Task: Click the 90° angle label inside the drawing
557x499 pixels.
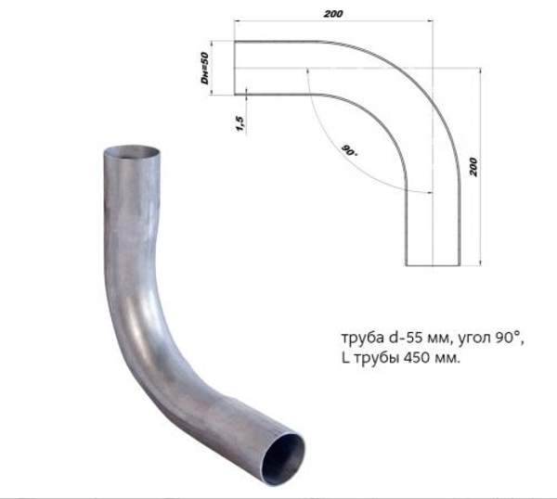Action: click(349, 150)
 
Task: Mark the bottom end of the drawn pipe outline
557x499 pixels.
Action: click(432, 263)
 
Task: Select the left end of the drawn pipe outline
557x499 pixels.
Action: click(234, 68)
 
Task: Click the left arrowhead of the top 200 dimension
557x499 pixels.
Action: click(237, 19)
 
